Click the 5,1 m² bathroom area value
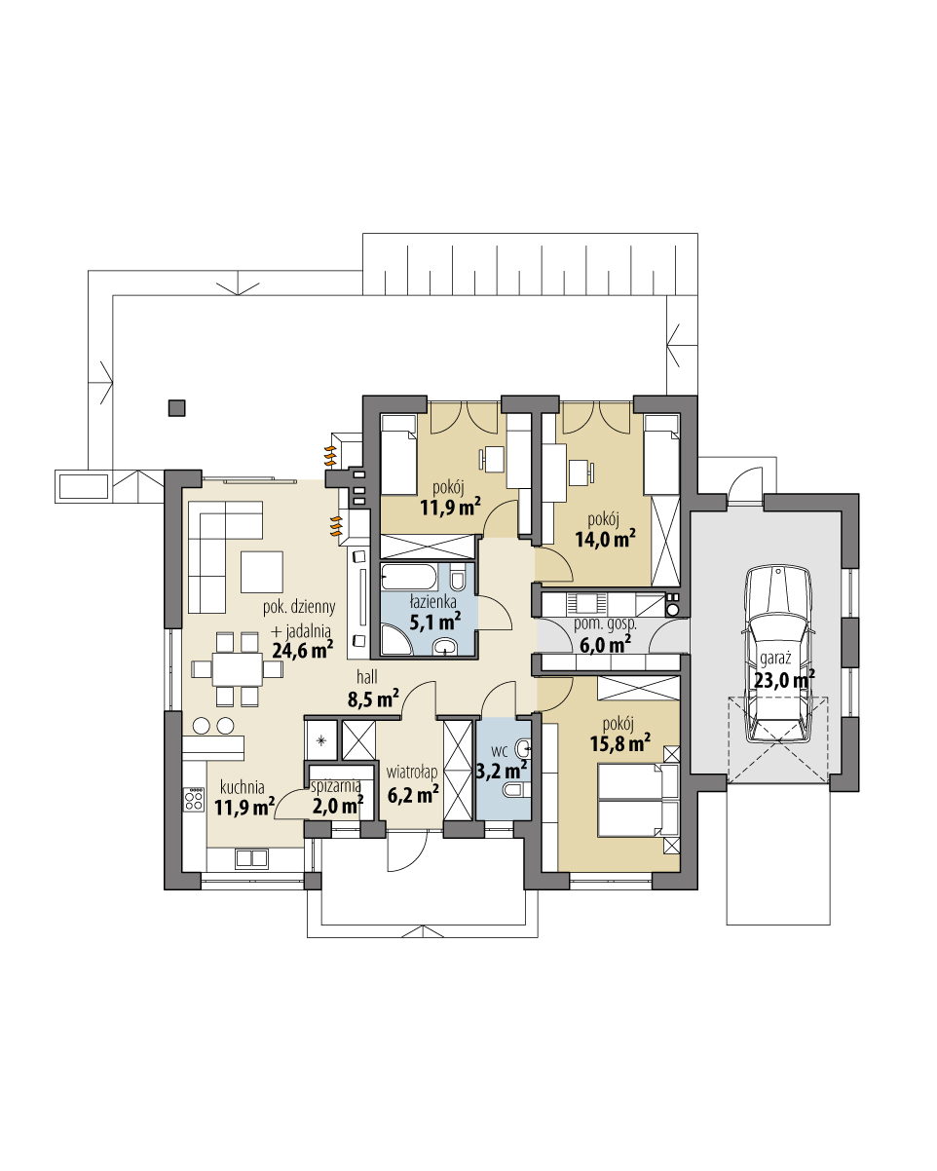(433, 621)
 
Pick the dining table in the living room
(227, 668)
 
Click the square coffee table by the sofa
(261, 572)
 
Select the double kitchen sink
(250, 858)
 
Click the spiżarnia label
(336, 784)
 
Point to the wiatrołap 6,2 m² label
(413, 784)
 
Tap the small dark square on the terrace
(175, 407)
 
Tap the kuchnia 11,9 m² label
(244, 796)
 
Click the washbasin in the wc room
(524, 747)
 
